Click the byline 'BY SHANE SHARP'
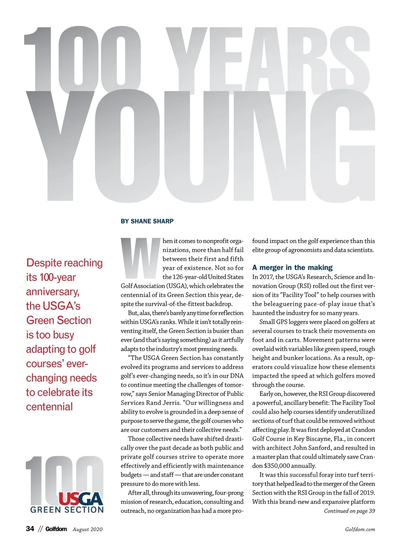pos(147,221)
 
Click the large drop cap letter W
pos(140,258)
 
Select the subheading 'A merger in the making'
pos(292,268)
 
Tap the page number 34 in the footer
pos(30,529)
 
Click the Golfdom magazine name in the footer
pos(56,529)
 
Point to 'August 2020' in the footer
pos(88,529)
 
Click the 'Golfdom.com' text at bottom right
pos(360,529)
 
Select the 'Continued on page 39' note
pos(349,511)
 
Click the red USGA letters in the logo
pos(81,499)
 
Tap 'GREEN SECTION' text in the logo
pos(67,510)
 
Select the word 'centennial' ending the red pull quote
pos(49,407)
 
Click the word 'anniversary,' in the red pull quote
pos(53,292)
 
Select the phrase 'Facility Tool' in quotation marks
pos(307,295)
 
